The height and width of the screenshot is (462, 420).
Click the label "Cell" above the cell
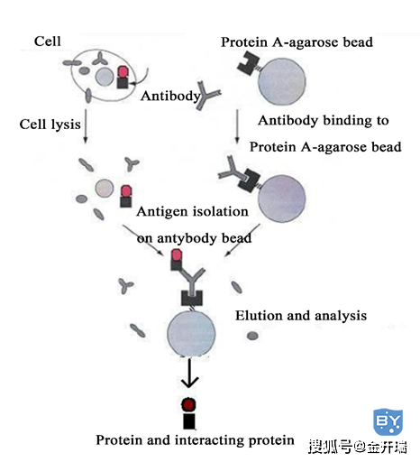click(48, 42)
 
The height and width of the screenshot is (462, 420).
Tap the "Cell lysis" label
click(50, 125)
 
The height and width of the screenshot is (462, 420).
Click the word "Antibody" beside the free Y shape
click(170, 97)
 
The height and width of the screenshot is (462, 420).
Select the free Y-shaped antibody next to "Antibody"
click(207, 95)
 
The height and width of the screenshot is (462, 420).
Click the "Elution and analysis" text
click(301, 316)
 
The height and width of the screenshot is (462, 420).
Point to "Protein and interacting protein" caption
click(195, 440)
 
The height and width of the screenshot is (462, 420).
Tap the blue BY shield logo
click(388, 421)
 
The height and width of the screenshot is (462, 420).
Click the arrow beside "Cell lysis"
click(86, 125)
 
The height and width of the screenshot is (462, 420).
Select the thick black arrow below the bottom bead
click(189, 373)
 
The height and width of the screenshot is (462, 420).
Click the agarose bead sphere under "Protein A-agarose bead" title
click(282, 81)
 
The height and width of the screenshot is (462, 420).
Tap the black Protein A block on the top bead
click(248, 63)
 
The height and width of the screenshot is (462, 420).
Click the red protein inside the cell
click(123, 72)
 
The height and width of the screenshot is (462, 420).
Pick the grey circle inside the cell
click(105, 77)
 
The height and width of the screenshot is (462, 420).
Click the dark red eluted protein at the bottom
click(188, 405)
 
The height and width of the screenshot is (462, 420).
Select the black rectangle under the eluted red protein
click(189, 421)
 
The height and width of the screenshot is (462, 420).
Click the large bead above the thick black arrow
click(191, 334)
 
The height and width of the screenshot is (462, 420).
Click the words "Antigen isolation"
click(192, 212)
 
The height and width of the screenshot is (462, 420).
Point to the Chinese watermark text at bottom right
click(358, 447)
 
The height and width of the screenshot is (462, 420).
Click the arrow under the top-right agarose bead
click(237, 126)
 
